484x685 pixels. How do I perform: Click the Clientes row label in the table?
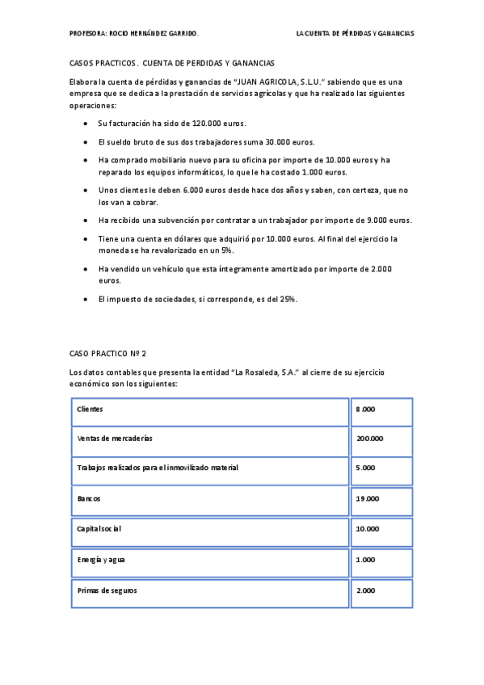tap(90, 410)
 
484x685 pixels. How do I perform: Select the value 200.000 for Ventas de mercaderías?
tap(369, 439)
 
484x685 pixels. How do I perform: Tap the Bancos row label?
tap(89, 498)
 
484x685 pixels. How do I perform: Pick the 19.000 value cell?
tap(368, 498)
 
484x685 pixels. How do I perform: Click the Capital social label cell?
tap(99, 528)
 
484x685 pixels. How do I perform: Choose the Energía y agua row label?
tap(101, 559)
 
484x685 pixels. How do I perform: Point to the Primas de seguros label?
tap(107, 590)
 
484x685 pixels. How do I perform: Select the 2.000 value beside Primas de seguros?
tap(365, 590)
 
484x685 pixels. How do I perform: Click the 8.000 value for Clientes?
tap(365, 410)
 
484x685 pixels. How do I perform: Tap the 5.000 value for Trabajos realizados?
tap(365, 468)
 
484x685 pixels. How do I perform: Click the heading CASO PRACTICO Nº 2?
tap(109, 354)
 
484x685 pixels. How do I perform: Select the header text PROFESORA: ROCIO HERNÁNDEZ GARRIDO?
tap(134, 35)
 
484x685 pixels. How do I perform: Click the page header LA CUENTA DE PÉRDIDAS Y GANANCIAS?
tap(356, 35)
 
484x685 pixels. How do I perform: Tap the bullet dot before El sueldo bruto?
tap(86, 142)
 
